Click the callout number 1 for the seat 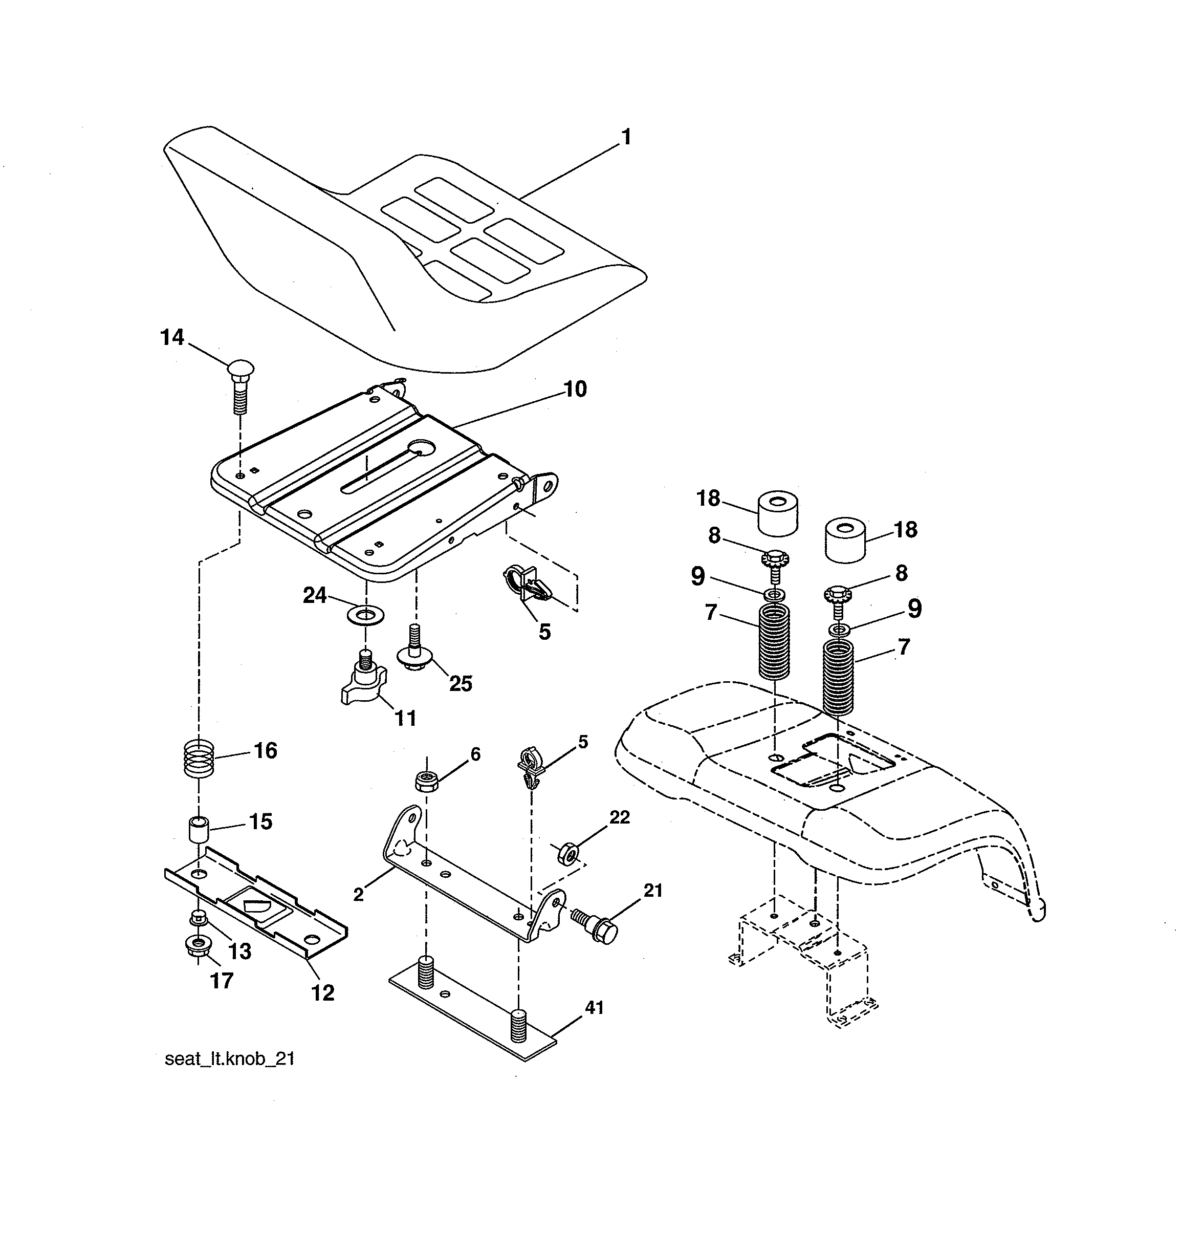coord(625,137)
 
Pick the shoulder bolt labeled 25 coord(412,654)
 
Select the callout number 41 coord(595,1007)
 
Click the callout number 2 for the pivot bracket coord(358,895)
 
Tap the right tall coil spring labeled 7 coord(839,676)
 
